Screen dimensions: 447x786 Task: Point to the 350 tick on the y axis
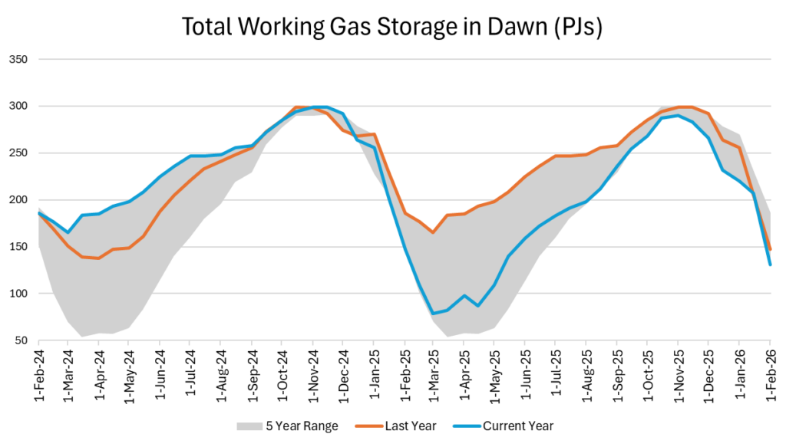pyautogui.click(x=18, y=59)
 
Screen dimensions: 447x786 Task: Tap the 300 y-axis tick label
pyautogui.click(x=18, y=106)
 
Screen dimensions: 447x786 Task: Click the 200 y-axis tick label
pyautogui.click(x=18, y=199)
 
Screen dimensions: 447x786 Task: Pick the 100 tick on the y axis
pyautogui.click(x=18, y=294)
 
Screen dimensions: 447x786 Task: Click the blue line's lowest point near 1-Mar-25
pyautogui.click(x=434, y=313)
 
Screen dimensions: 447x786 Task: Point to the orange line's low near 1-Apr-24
pyautogui.click(x=98, y=258)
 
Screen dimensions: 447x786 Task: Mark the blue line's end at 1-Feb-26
pyautogui.click(x=770, y=265)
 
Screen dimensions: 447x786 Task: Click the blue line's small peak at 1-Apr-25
pyautogui.click(x=464, y=296)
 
